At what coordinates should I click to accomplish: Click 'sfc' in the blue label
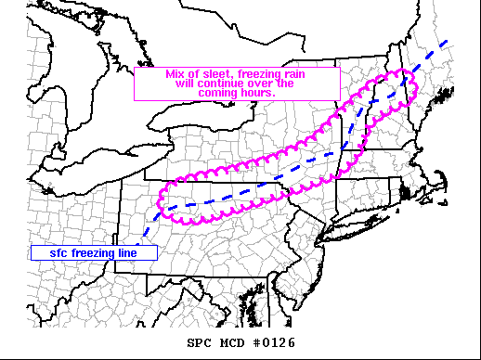coord(49,252)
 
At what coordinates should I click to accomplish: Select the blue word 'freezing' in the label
coord(91,252)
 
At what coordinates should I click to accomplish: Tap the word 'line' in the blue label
coord(130,252)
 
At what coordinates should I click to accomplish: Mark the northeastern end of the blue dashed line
coord(448,43)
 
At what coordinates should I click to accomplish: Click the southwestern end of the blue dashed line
coord(136,243)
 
